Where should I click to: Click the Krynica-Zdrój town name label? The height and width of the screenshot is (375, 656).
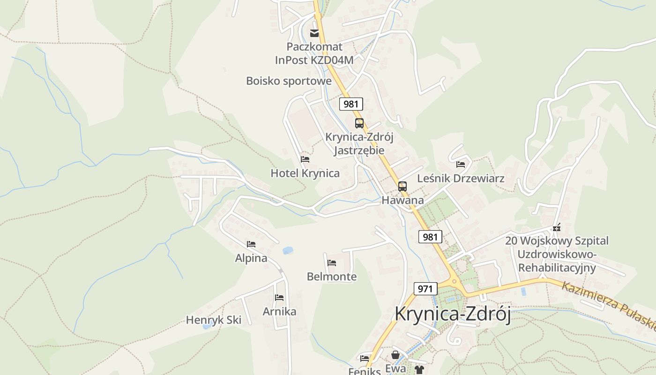[452, 314]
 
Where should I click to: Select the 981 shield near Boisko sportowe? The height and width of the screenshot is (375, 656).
[351, 104]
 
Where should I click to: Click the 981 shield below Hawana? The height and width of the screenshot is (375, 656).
[430, 237]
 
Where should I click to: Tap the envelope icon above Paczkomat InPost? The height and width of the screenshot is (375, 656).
[314, 33]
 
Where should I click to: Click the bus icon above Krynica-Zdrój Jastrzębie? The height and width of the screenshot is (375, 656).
[359, 123]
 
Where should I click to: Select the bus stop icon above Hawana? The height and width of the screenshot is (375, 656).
[403, 186]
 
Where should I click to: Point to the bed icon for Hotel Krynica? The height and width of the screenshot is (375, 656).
[305, 159]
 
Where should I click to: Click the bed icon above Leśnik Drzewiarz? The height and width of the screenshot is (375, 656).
[461, 165]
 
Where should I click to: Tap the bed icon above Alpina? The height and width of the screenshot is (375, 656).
[251, 244]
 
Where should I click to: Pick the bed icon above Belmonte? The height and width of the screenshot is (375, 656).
[332, 263]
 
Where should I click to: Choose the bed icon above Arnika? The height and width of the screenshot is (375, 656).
[279, 298]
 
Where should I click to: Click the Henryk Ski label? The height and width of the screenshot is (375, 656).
[214, 320]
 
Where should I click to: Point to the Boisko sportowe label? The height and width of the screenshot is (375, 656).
[289, 81]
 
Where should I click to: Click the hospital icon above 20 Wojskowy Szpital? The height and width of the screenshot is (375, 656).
[557, 228]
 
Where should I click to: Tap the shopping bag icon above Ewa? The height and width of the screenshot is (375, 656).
[395, 355]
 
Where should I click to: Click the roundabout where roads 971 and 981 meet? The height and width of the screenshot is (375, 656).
[454, 282]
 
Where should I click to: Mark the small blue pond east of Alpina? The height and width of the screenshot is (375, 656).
[288, 250]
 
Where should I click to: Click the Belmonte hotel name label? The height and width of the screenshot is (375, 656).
[332, 277]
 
